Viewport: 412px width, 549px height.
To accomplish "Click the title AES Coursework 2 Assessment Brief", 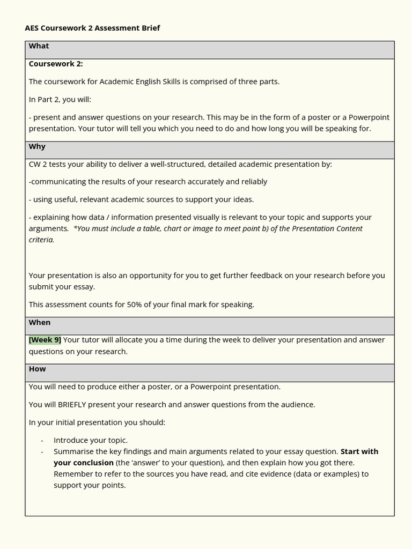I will coord(92,28).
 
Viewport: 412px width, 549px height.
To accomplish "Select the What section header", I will coord(39,46).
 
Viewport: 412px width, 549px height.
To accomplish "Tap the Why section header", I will coord(37,146).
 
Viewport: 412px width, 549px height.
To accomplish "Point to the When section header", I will coord(40,322).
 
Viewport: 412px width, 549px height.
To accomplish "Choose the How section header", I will coord(38,369).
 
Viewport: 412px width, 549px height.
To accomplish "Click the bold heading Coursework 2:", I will coord(56,64).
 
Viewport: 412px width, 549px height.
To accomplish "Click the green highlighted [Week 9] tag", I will coord(45,339).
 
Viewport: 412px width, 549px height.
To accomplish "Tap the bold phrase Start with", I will coord(359,451).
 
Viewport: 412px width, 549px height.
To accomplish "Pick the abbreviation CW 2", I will coord(39,164).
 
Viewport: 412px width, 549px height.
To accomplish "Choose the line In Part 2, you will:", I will coord(60,99).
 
